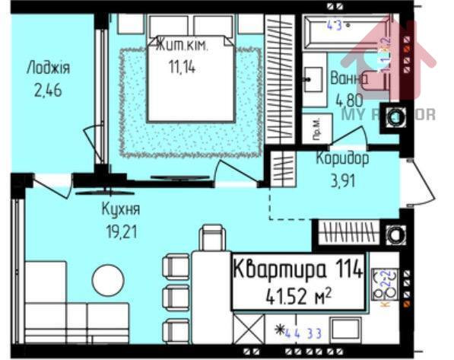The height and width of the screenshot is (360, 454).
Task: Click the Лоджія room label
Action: point(47,68)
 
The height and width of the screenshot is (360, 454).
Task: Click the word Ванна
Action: point(349,78)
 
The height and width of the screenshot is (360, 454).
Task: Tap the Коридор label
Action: point(342,159)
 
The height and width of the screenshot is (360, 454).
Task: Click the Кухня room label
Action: point(121,208)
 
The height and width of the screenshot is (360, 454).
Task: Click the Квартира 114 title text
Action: point(297,269)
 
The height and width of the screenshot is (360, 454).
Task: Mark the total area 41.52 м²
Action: point(297,295)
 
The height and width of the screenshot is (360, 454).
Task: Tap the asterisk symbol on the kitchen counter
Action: point(280,330)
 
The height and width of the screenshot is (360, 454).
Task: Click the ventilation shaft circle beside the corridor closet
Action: point(396,233)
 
